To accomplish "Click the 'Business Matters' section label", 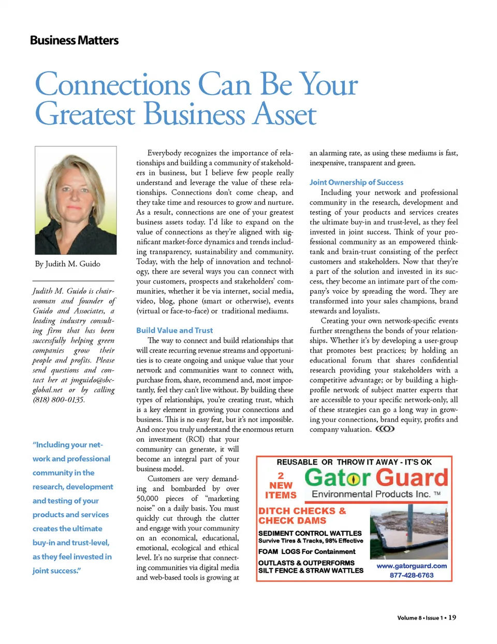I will [x=74, y=40].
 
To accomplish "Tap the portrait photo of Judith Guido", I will [x=76, y=200].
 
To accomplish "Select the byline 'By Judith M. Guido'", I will [x=68, y=264].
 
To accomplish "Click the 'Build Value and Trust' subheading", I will [x=174, y=330].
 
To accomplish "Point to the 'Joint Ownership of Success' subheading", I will [x=356, y=182].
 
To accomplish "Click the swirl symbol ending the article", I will [x=385, y=429].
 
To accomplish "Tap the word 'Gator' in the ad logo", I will [x=338, y=477].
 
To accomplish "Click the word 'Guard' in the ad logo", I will [x=412, y=477].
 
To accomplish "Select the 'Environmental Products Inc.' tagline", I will [x=371, y=494].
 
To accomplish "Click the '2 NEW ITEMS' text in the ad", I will [x=281, y=485].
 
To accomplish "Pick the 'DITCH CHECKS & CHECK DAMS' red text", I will [x=302, y=516].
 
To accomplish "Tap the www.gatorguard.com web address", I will [x=412, y=566].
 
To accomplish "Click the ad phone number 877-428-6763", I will [x=412, y=575].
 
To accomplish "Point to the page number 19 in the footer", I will [x=452, y=617].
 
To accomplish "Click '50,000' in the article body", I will [x=148, y=498].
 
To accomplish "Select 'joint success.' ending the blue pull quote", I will [x=56, y=571].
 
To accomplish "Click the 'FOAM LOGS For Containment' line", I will [x=307, y=551].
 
